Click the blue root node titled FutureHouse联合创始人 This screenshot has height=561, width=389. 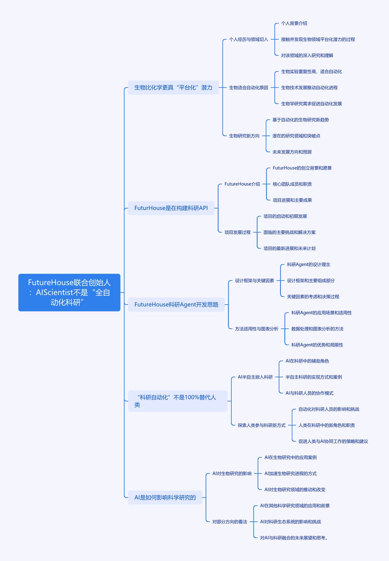point(69,292)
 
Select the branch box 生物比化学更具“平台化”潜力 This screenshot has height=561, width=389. point(173,87)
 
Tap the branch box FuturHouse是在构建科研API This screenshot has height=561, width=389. point(171,208)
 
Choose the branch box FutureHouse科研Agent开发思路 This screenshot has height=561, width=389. point(176,305)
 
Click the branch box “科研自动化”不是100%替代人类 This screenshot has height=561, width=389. point(178,401)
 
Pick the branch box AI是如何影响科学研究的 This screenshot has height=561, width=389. point(165,497)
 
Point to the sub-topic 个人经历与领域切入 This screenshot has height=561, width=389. point(249,39)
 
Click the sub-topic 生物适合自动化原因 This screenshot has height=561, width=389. point(249,87)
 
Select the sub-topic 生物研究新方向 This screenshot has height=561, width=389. point(244,136)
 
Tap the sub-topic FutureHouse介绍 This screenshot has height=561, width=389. point(242,184)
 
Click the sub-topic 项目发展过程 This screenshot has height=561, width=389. point(237,232)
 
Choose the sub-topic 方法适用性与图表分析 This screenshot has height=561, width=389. point(256,329)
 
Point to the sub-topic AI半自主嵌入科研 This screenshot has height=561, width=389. point(255,377)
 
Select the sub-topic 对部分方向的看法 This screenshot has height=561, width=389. point(230,522)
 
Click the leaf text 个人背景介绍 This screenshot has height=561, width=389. point(294,23)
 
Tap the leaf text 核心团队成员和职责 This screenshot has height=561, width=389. point(292,184)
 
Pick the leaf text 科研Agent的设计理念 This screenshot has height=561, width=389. point(308,264)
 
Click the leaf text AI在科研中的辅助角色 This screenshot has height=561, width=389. point(307,361)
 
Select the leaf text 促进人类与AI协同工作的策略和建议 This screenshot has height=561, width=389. point(333,441)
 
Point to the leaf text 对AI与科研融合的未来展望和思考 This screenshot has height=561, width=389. point(294,538)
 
